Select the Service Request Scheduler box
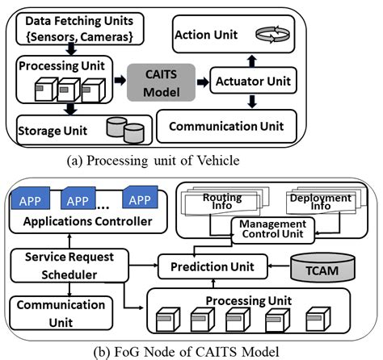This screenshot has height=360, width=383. coord(67,266)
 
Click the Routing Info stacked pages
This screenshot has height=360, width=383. coord(220,201)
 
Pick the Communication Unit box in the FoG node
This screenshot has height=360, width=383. coord(61,312)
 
